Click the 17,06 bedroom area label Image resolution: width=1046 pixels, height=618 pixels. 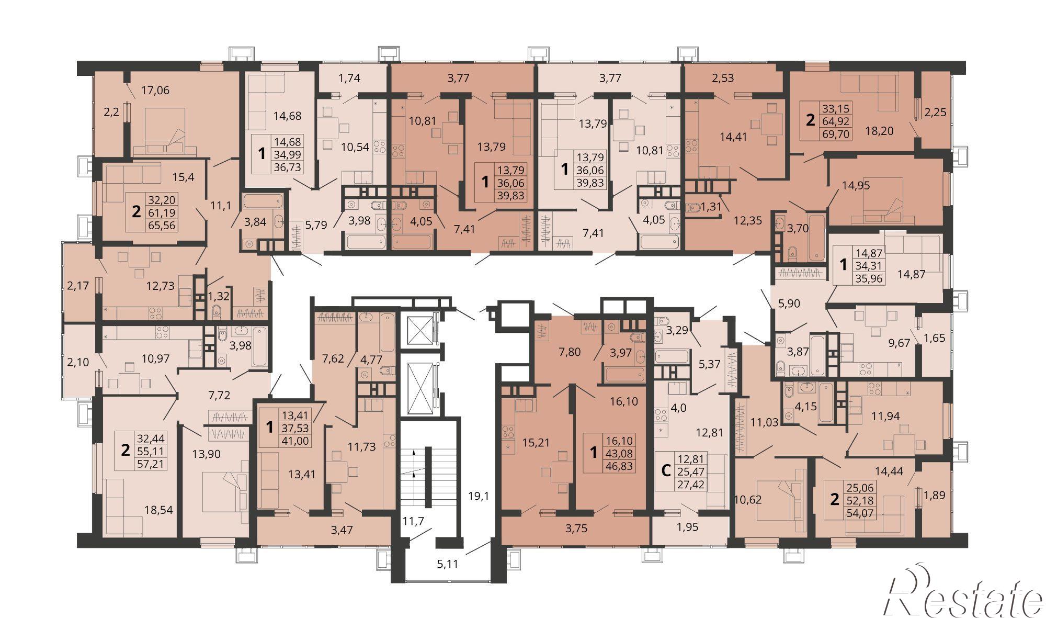tap(156, 91)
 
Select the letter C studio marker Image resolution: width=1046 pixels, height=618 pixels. tap(666, 471)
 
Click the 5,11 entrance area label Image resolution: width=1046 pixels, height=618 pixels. tap(448, 564)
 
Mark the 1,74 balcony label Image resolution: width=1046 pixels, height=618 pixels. tap(350, 78)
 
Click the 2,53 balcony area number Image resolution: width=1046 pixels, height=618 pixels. tap(723, 78)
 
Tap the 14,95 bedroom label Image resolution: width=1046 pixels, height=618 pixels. tap(856, 185)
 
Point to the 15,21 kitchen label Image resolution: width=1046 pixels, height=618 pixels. tap(536, 443)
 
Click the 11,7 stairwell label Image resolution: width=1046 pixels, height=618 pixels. tap(413, 521)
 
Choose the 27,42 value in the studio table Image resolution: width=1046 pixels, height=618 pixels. tap(691, 484)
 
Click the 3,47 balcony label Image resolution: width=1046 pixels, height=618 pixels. tap(342, 530)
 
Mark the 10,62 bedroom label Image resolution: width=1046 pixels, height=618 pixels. tap(747, 500)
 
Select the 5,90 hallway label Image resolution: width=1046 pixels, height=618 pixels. tap(789, 304)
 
